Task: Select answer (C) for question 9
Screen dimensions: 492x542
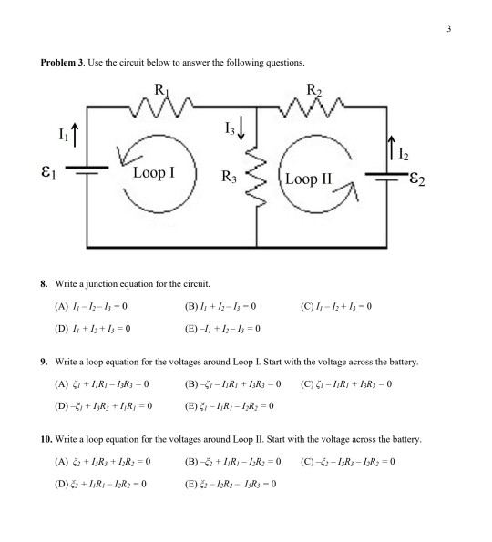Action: (x=345, y=384)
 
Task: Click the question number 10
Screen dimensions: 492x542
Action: (x=46, y=439)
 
